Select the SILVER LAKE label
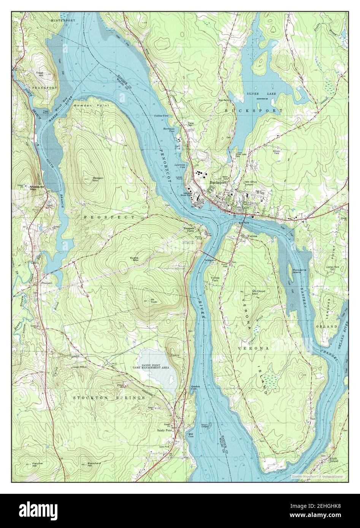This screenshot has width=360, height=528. pyautogui.click(x=257, y=93)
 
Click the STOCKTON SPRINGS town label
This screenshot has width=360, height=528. pyautogui.click(x=109, y=397)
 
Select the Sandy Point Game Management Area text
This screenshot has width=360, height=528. pyautogui.click(x=154, y=367)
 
